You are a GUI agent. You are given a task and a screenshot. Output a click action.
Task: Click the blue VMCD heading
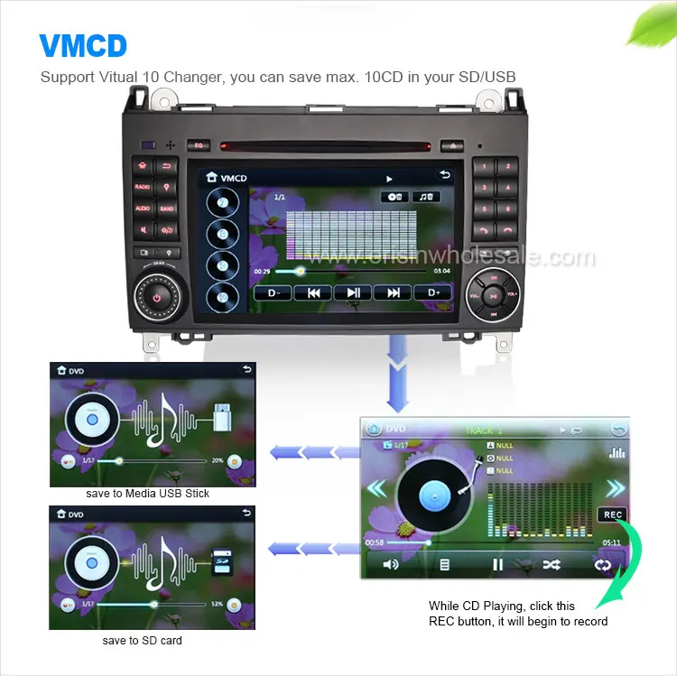click(83, 46)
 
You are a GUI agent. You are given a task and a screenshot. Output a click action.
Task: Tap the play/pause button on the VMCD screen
click(353, 292)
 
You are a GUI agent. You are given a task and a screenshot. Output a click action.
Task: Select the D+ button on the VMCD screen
click(432, 292)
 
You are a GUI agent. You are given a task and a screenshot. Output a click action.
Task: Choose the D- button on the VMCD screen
click(273, 292)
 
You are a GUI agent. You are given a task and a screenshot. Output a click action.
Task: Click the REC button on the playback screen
click(613, 514)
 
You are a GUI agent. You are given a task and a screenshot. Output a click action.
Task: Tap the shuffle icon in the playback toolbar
click(551, 564)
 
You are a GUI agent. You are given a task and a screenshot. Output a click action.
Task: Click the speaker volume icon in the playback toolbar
click(391, 564)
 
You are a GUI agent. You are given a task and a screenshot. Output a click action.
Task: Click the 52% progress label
click(216, 604)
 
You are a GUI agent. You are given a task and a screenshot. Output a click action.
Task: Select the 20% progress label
click(217, 460)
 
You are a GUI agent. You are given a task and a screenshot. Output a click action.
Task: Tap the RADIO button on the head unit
click(143, 186)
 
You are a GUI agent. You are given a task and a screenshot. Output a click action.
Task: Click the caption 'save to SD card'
click(143, 641)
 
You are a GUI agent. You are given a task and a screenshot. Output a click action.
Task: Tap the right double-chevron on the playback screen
click(615, 489)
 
